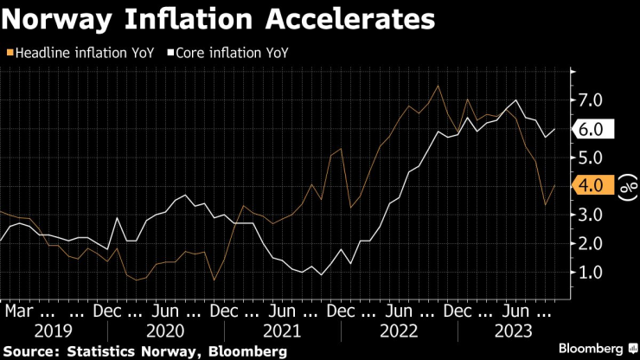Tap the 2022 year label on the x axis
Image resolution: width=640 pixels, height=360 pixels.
click(399, 330)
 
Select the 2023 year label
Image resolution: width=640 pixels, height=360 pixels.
click(512, 330)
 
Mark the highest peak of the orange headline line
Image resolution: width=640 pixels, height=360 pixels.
click(438, 86)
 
